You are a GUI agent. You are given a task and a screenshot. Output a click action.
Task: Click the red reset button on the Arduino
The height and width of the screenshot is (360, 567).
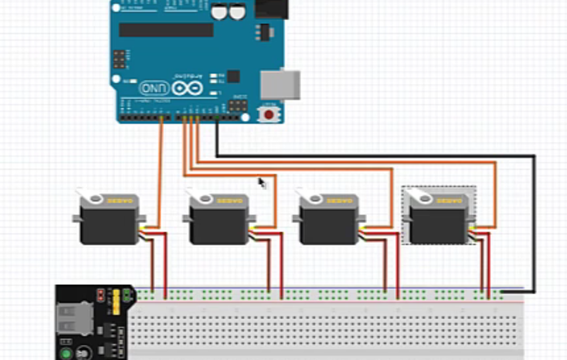tap(269, 114)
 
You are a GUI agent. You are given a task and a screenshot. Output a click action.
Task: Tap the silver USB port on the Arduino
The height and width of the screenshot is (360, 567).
tap(280, 84)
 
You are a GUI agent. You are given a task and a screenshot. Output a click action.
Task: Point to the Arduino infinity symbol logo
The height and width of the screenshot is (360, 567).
tap(186, 89)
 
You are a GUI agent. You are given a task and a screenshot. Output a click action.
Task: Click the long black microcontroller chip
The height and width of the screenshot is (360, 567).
tap(166, 30)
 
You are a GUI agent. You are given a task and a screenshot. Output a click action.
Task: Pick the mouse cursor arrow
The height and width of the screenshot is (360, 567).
tap(262, 182)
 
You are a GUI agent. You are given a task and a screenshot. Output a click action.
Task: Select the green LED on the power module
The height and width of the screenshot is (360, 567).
tap(66, 354)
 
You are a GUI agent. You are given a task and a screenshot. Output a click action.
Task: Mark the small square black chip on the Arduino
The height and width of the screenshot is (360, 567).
tap(233, 76)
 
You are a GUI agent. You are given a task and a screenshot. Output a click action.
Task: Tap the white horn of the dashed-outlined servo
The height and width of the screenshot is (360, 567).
tap(418, 194)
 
